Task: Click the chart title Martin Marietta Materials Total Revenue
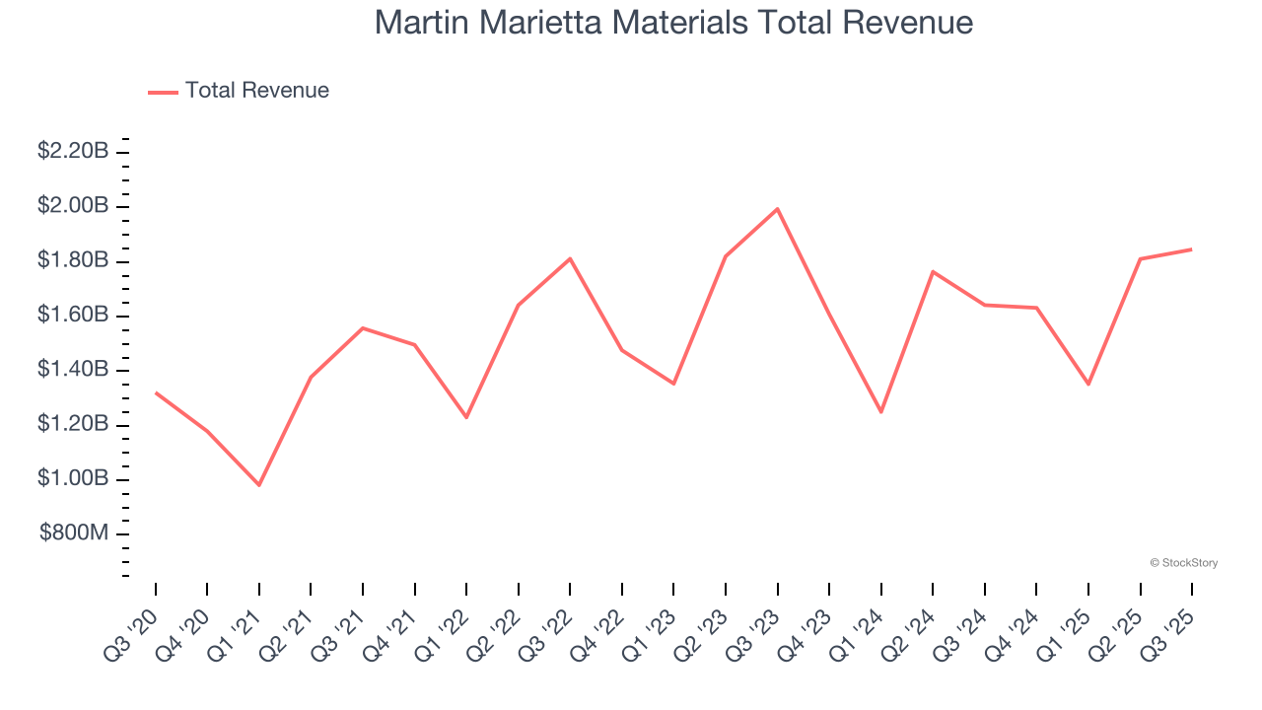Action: [673, 23]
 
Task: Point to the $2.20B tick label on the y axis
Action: [73, 152]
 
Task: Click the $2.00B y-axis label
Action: [73, 206]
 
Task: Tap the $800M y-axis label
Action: [74, 533]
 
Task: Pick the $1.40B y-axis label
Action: [73, 370]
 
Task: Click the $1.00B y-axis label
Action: [73, 479]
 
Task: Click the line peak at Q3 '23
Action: [778, 209]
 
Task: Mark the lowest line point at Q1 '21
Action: [259, 485]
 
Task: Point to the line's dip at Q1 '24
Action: [881, 412]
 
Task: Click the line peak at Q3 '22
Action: [571, 258]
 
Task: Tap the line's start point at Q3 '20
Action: [156, 392]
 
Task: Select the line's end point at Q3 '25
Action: [1192, 249]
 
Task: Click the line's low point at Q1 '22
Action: [466, 417]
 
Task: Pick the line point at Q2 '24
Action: [933, 271]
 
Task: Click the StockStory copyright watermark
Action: [1184, 563]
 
